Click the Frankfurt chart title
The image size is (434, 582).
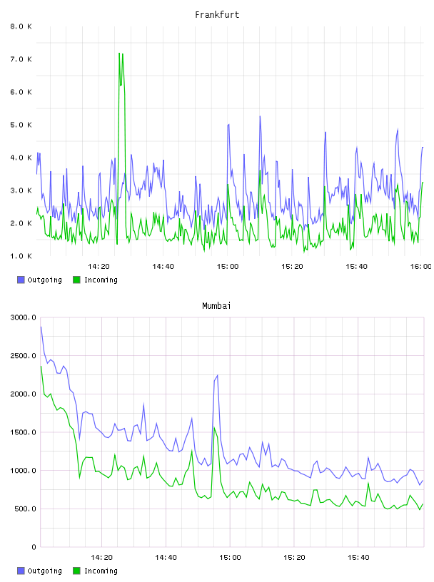pyautogui.click(x=217, y=15)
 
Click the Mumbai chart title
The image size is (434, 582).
pyautogui.click(x=216, y=306)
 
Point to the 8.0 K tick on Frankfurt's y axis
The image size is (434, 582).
pyautogui.click(x=21, y=26)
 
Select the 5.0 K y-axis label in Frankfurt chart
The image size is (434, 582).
pyautogui.click(x=21, y=125)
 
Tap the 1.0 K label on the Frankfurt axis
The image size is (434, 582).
pyautogui.click(x=21, y=256)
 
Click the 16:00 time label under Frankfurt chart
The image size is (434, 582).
pyautogui.click(x=421, y=267)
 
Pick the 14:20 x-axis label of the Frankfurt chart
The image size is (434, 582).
pyautogui.click(x=99, y=267)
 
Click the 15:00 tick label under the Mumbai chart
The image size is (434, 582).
pyautogui.click(x=230, y=558)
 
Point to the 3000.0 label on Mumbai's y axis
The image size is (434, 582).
pyautogui.click(x=24, y=317)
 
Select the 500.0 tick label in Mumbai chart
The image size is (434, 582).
pyautogui.click(x=25, y=509)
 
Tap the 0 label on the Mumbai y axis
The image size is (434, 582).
pyautogui.click(x=34, y=547)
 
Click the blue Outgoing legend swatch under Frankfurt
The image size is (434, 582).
pyautogui.click(x=21, y=280)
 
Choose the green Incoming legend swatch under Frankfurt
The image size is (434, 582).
pyautogui.click(x=76, y=280)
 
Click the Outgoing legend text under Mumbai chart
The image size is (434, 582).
pyautogui.click(x=44, y=571)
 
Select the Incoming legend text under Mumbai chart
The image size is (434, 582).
pyautogui.click(x=101, y=571)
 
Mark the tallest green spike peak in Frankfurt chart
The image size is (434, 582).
pyautogui.click(x=119, y=53)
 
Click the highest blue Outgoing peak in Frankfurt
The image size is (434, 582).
pyautogui.click(x=260, y=116)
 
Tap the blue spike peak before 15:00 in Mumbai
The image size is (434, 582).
pyautogui.click(x=218, y=375)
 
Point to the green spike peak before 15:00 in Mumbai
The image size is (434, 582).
pyautogui.click(x=214, y=427)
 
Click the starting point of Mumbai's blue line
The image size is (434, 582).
pyautogui.click(x=41, y=327)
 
